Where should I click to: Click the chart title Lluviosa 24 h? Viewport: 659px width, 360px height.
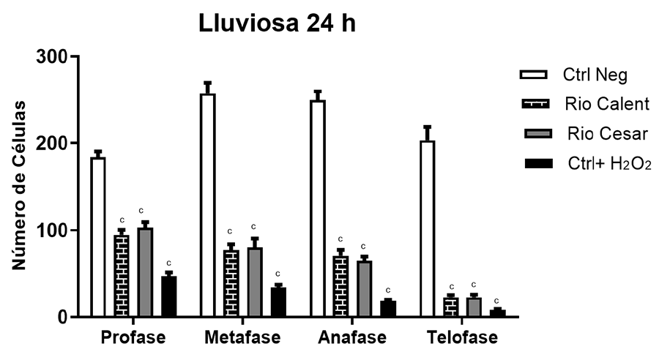click(278, 24)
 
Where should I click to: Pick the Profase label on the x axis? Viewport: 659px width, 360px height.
click(133, 338)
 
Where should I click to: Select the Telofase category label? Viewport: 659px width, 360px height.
click(463, 338)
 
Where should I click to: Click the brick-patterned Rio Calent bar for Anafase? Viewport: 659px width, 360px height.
click(340, 286)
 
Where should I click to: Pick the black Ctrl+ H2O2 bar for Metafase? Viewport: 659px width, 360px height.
click(278, 302)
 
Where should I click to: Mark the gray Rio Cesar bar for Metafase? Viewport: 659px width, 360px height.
click(255, 282)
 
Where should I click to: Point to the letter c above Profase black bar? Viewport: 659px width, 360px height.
click(168, 263)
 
